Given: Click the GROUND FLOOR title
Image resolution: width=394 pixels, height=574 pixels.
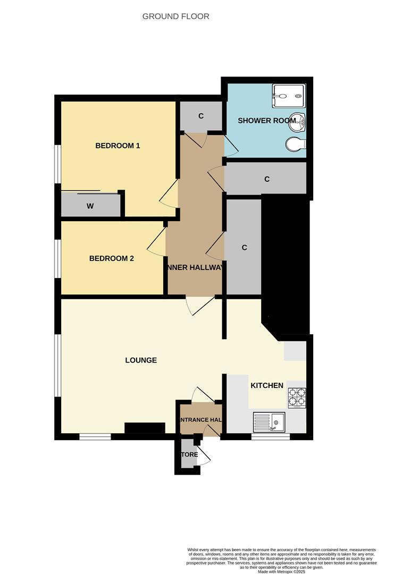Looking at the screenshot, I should pos(175,16).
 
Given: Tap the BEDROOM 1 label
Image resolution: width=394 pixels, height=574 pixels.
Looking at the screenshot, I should pos(118,146).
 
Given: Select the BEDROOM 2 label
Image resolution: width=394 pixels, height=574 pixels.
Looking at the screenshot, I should pos(111,259).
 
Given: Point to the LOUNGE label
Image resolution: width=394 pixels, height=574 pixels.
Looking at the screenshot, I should pos(141,360).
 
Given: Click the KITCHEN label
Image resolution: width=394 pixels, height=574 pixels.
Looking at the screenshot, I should pos(267,385).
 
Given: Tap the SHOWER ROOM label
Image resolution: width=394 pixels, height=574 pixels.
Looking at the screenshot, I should pos(266,121).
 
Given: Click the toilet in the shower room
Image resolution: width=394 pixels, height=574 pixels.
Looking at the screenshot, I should pos(295,144).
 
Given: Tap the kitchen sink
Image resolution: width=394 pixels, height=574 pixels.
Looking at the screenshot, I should pos(269,422).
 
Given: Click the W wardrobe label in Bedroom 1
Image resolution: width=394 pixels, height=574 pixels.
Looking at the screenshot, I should pos(90,206).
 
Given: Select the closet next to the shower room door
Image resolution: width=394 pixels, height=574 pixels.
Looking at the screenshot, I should pos(201,116).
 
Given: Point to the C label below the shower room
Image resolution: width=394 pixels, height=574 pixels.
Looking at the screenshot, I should pos(267,179).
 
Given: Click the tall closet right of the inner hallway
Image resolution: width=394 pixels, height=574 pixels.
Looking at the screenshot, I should pos(244,248).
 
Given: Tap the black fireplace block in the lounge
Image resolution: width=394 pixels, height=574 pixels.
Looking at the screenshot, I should pos(145,428).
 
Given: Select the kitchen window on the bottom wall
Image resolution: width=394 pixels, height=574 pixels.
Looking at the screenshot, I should pos(271,437).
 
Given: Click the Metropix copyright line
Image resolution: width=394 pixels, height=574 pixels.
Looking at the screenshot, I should pos(281,571).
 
